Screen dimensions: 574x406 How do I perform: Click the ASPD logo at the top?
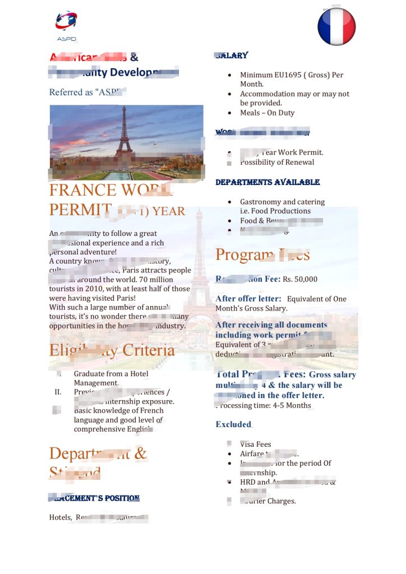click(x=66, y=25)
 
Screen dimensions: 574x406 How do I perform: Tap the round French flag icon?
click(x=336, y=26)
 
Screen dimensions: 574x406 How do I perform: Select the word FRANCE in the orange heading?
click(x=82, y=190)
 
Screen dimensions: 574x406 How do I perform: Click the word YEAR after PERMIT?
click(x=169, y=211)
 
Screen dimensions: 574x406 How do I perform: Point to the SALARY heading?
click(x=232, y=55)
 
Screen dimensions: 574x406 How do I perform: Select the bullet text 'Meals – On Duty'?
click(x=267, y=113)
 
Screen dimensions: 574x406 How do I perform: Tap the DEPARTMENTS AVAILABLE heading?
click(x=267, y=182)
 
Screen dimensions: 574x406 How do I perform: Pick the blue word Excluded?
click(x=233, y=424)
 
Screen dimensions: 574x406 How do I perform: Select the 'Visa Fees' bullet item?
click(x=255, y=445)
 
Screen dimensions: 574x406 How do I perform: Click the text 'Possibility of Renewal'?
click(x=277, y=162)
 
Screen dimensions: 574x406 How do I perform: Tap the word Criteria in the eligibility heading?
click(x=149, y=351)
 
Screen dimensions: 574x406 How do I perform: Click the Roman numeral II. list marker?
click(x=58, y=392)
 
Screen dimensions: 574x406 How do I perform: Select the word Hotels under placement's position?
click(x=60, y=517)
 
